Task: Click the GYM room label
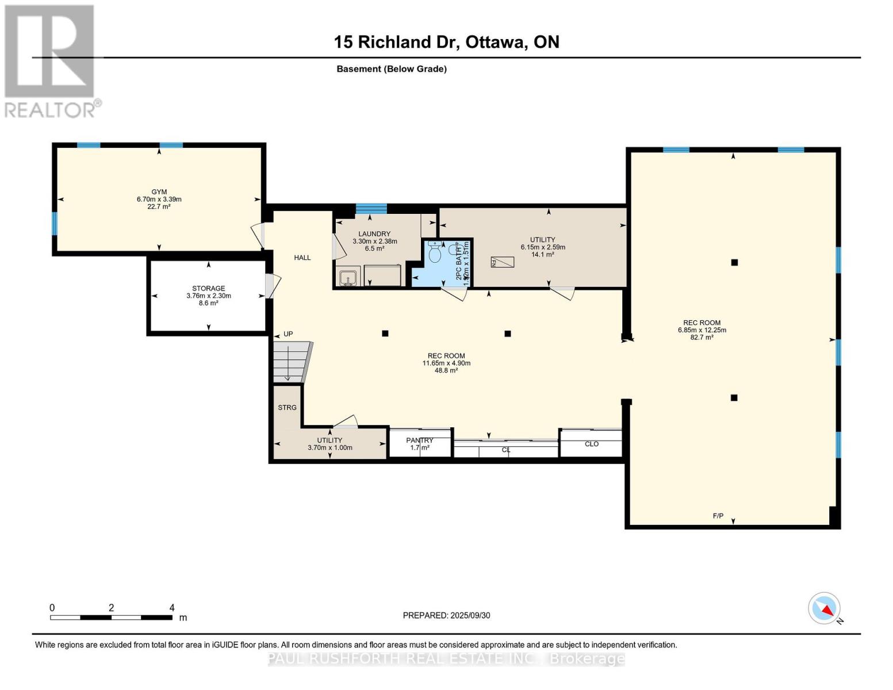point(159,192)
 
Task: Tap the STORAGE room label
point(208,289)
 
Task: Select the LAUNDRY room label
point(374,234)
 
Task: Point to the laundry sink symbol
point(347,279)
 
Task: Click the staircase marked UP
point(290,361)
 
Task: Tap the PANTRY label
point(420,440)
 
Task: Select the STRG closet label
point(287,408)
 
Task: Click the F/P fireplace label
point(718,516)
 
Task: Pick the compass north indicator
point(825,608)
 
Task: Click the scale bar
point(111,618)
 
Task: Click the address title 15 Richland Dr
point(446,42)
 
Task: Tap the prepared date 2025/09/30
point(446,615)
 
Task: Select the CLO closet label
point(592,444)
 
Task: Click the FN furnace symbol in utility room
point(502,262)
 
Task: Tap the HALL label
point(302,258)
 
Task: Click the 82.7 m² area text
point(702,338)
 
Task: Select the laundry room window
point(371,209)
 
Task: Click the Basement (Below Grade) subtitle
point(392,69)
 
